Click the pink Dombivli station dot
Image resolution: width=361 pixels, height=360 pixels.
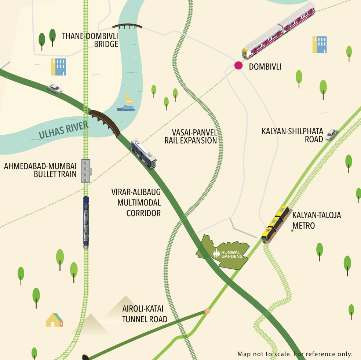pyautogui.click(x=238, y=66)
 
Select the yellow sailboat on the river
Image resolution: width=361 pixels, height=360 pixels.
pyautogui.click(x=126, y=102)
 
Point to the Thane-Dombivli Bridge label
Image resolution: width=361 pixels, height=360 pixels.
pyautogui.click(x=90, y=40)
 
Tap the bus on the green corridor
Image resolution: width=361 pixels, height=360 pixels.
pyautogui.click(x=143, y=153)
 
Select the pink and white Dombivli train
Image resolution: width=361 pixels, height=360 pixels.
pyautogui.click(x=279, y=31)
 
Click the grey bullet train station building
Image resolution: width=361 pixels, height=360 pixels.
pyautogui.click(x=86, y=171)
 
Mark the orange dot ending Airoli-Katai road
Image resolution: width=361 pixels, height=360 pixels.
pyautogui.click(x=207, y=311)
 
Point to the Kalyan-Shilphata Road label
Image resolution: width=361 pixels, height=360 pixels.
pyautogui.click(x=292, y=135)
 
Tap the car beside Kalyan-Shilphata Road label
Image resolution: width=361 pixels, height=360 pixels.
pyautogui.click(x=331, y=135)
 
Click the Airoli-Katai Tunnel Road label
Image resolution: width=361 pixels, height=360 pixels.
pyautogui.click(x=145, y=314)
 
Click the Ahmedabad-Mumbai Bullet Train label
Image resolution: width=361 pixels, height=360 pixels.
pyautogui.click(x=41, y=170)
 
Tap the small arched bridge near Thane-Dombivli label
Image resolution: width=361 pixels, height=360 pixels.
pyautogui.click(x=127, y=26)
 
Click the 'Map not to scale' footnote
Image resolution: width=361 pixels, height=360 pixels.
pyautogui.click(x=295, y=354)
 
